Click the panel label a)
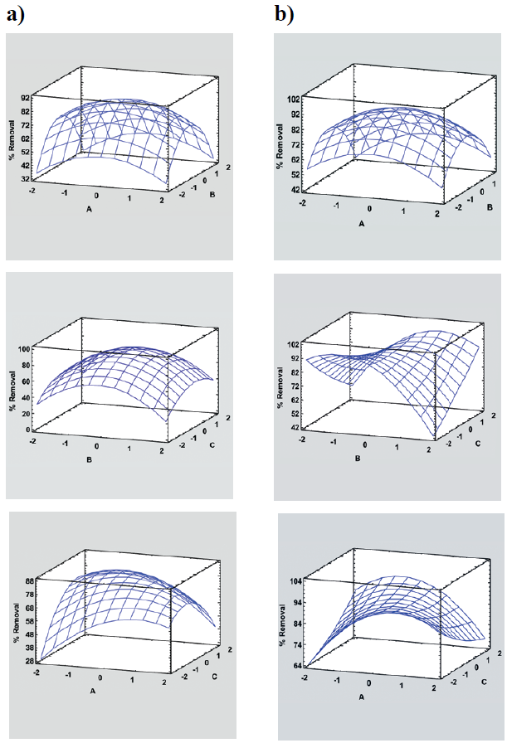coord(17,15)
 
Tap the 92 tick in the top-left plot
coord(27,97)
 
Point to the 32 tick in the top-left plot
coord(27,178)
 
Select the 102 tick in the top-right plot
coord(293,99)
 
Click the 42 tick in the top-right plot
coord(295,190)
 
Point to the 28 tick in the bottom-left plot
coord(27,661)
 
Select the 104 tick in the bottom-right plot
coord(295,583)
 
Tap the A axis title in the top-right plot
coord(362,224)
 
